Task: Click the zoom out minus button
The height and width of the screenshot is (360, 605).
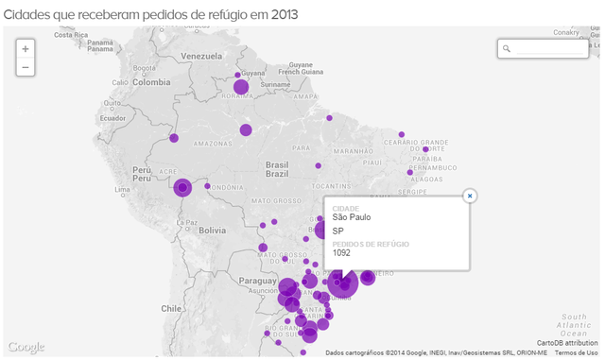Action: [26, 67]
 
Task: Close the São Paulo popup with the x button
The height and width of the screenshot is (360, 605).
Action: [469, 196]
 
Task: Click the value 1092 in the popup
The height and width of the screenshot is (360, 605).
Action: [341, 253]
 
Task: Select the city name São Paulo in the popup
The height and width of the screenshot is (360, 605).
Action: [352, 216]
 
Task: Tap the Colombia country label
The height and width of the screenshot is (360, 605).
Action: [151, 82]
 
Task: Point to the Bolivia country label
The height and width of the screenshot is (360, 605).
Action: [211, 230]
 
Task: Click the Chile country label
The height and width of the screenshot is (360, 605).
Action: [170, 308]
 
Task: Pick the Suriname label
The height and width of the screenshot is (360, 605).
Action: [274, 84]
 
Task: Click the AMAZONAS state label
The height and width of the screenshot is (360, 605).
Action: [213, 144]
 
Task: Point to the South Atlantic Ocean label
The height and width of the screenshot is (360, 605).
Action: [573, 325]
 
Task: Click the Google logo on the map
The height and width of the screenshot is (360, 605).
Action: [26, 347]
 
